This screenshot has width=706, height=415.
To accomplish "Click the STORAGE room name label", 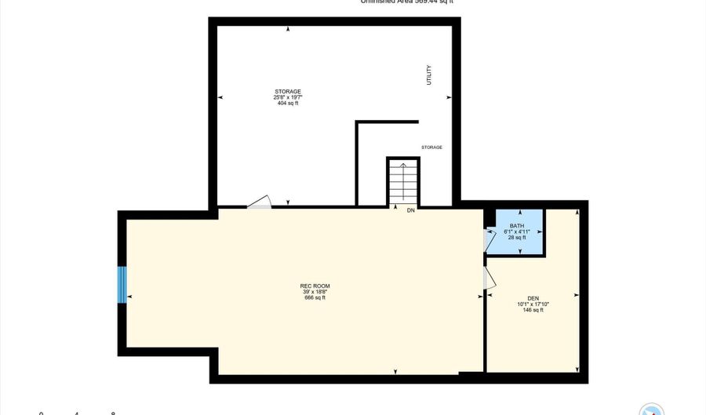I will [288, 92].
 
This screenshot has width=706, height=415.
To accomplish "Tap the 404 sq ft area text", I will [288, 104].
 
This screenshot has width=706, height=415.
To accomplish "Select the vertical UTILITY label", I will [428, 75].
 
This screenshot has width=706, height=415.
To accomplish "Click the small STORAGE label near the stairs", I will [431, 147].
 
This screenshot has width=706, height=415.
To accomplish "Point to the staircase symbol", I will [403, 183].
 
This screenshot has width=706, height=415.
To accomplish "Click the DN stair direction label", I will [410, 211].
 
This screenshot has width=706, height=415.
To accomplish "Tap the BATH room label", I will [517, 226].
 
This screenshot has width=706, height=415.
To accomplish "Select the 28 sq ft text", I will [517, 237].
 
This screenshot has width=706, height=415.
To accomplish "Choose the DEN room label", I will [533, 298].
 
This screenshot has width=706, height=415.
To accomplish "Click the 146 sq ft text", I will [533, 310].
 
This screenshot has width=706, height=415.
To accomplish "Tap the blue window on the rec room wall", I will [122, 285].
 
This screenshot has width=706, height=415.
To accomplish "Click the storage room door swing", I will [260, 202].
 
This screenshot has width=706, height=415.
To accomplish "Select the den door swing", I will [490, 278].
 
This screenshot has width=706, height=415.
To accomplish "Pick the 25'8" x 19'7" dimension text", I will [288, 97].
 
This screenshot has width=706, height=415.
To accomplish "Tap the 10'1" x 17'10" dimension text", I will [533, 304].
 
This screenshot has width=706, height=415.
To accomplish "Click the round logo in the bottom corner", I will [652, 410].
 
